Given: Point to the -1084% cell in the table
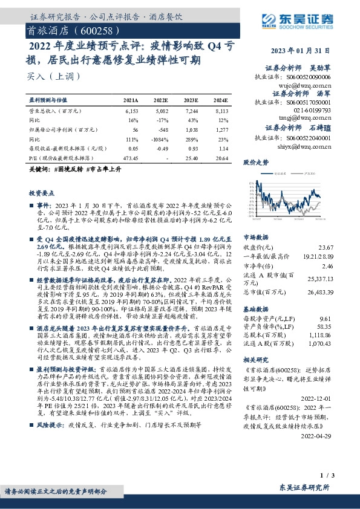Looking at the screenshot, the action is [160, 138].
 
